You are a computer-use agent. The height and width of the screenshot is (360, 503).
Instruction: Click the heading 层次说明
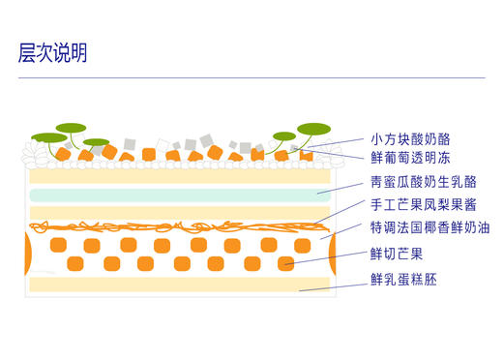click(53, 53)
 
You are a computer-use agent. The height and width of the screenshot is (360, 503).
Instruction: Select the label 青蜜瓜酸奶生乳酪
click(417, 182)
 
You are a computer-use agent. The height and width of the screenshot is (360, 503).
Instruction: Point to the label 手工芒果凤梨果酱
click(417, 205)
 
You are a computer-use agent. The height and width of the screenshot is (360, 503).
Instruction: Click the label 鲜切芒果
click(397, 254)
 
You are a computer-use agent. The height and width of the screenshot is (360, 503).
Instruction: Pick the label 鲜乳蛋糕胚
click(404, 280)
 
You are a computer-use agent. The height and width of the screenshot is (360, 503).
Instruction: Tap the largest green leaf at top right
click(314, 129)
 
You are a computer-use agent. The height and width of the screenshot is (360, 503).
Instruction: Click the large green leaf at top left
click(71, 128)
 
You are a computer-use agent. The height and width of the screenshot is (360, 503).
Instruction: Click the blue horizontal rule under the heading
click(251, 77)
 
